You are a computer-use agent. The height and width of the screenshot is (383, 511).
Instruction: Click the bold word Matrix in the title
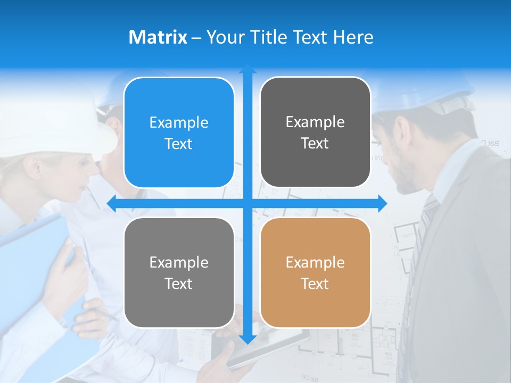(158, 37)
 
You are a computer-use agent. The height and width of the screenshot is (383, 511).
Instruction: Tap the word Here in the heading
(353, 37)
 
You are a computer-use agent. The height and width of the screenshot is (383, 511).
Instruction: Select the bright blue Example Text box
(179, 132)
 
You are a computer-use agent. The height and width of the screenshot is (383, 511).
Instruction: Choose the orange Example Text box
(315, 272)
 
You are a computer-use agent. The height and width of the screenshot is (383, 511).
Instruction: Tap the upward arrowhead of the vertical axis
(248, 70)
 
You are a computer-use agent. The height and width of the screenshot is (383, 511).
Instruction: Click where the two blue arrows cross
(248, 203)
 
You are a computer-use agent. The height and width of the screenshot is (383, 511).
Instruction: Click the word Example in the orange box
(315, 262)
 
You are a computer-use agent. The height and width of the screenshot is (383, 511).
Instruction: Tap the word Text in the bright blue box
(179, 144)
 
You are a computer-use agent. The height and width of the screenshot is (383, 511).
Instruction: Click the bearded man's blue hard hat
(426, 90)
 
